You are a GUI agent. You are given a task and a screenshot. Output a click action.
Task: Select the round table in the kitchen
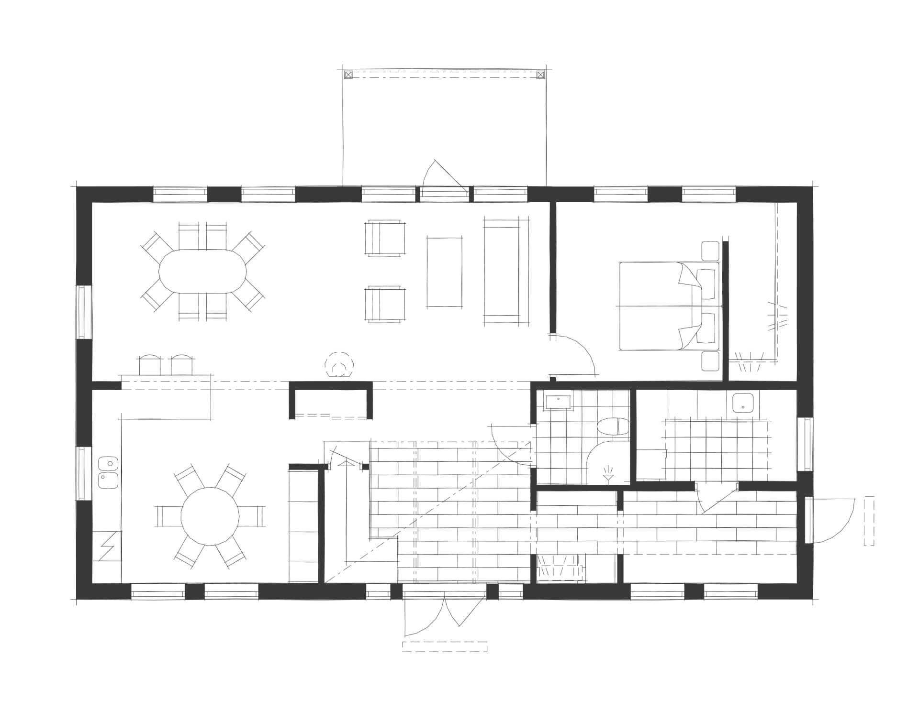point(210,516)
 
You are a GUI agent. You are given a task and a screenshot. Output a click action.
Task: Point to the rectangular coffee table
point(445,272)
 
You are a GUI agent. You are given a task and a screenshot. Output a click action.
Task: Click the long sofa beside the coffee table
point(502,271)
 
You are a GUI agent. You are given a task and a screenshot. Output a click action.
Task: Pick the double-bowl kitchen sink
point(109,472)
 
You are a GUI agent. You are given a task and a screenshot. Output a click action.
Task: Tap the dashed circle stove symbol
point(338,366)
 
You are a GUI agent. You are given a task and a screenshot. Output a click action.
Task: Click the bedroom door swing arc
point(579,354)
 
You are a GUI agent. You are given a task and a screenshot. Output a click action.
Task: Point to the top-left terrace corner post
point(348,75)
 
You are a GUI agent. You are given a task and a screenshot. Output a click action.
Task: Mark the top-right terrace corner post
point(540,75)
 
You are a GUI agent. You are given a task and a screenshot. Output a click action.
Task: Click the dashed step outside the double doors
point(445,646)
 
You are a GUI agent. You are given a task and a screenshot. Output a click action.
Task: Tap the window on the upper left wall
point(84,312)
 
